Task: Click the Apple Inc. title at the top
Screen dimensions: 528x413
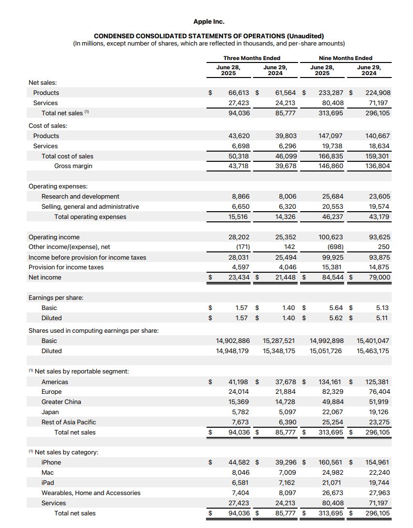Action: pyautogui.click(x=208, y=22)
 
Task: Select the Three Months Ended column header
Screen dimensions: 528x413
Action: pyautogui.click(x=252, y=58)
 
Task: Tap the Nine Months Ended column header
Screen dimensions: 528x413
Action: pyautogui.click(x=346, y=58)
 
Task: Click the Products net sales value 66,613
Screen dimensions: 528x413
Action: pyautogui.click(x=239, y=93)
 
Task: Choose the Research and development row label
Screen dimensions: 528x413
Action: pyautogui.click(x=80, y=197)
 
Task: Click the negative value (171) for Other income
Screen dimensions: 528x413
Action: pyautogui.click(x=240, y=247)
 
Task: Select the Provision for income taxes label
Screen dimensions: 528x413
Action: pyautogui.click(x=65, y=267)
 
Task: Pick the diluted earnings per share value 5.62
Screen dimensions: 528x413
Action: pyautogui.click(x=335, y=318)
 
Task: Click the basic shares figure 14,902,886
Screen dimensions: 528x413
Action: pyautogui.click(x=233, y=341)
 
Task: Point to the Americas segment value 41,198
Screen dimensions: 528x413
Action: pyautogui.click(x=239, y=382)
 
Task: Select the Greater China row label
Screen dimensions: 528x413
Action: pyautogui.click(x=61, y=402)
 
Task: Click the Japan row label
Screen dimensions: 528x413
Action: pyautogui.click(x=50, y=412)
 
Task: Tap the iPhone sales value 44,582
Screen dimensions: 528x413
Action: pyautogui.click(x=239, y=463)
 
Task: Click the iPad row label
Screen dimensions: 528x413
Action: pyautogui.click(x=48, y=483)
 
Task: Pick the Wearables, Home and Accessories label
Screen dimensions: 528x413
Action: pyautogui.click(x=91, y=493)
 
